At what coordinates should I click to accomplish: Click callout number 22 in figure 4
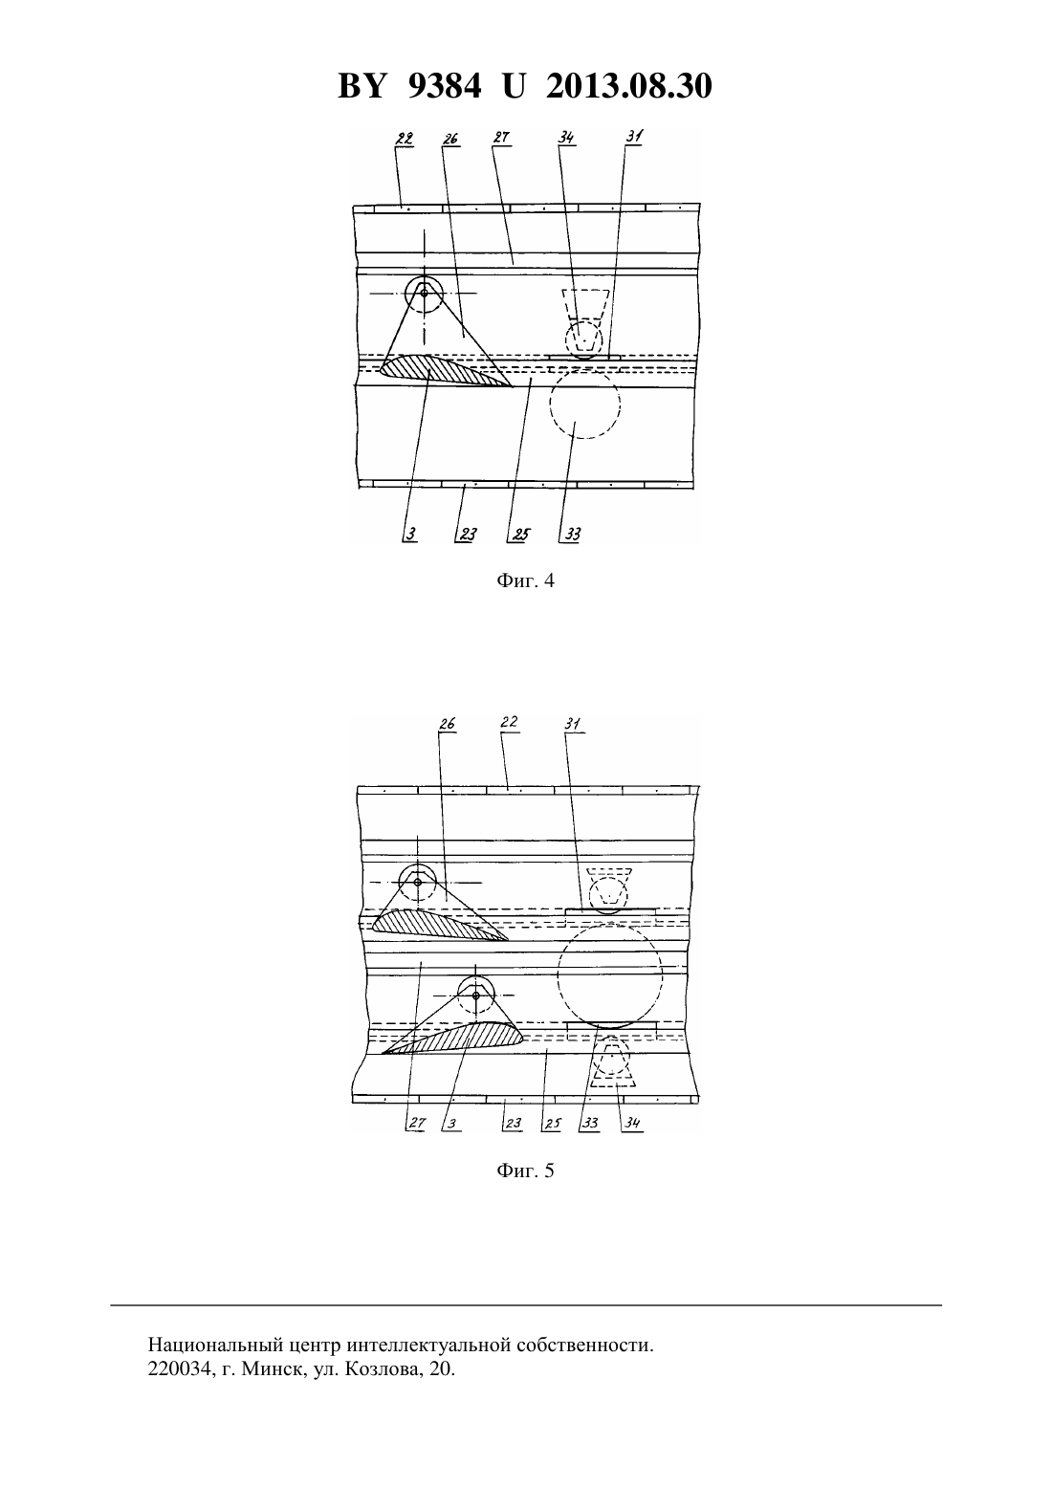(405, 139)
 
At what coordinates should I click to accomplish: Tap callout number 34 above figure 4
(566, 138)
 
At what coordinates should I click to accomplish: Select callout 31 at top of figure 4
(634, 137)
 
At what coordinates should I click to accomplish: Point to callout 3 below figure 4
(411, 534)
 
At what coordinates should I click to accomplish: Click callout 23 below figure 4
(468, 534)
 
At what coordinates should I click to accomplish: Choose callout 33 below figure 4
(573, 534)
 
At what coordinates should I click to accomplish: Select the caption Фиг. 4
(525, 580)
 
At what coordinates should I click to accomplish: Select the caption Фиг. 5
(525, 1170)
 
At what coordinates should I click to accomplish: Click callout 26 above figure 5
(448, 723)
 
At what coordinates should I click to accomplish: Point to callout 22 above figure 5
(510, 722)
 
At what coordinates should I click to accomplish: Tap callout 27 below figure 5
(417, 1124)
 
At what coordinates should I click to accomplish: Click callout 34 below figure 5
(632, 1124)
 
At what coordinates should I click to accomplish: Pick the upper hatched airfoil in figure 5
(439, 925)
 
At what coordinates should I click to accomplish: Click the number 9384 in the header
(445, 86)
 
